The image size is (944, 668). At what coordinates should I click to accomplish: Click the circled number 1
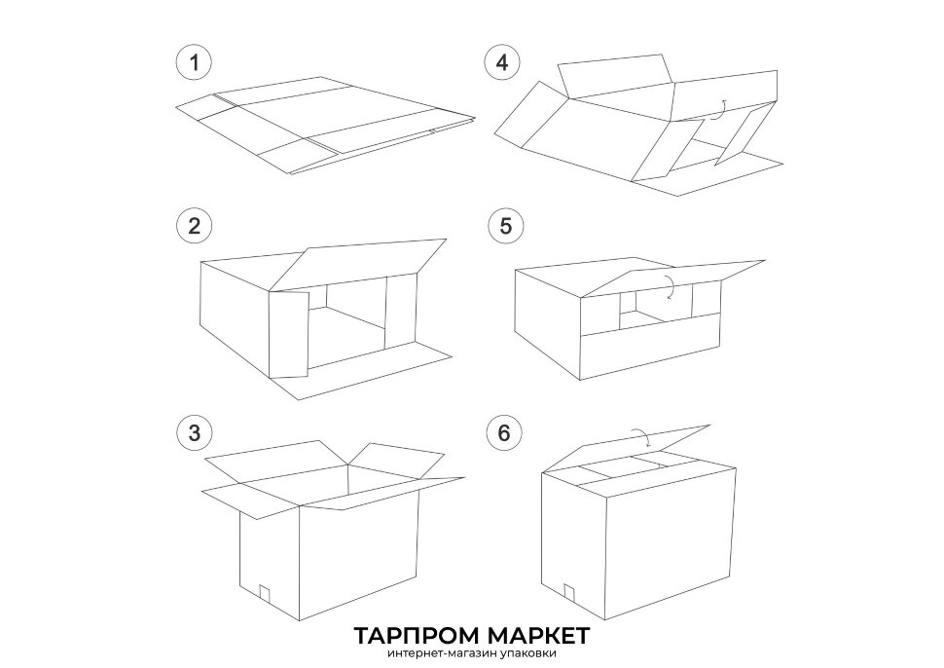(194, 62)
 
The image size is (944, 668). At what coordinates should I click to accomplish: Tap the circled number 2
(194, 227)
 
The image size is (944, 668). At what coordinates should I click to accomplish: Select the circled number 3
(194, 432)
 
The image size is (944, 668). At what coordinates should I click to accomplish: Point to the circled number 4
(503, 62)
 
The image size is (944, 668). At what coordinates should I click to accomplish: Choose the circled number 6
(504, 432)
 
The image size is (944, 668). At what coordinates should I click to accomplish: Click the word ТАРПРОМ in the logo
(416, 635)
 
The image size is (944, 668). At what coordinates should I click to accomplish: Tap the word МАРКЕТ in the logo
(539, 635)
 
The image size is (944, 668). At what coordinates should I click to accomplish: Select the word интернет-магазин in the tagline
(442, 653)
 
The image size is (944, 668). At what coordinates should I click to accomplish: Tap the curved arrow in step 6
(642, 435)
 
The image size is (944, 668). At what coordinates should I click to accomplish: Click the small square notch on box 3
(263, 592)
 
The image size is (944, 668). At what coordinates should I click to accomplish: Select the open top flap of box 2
(357, 264)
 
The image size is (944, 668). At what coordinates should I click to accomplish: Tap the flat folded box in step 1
(325, 126)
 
